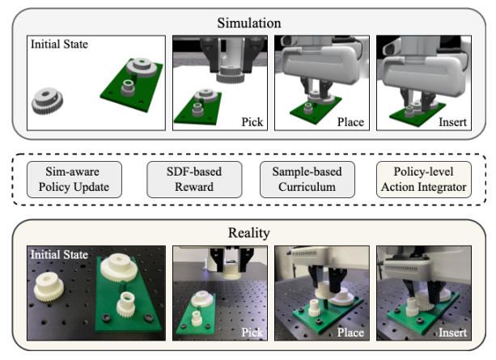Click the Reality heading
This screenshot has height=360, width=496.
tap(248, 233)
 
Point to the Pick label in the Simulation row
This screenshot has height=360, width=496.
tap(252, 122)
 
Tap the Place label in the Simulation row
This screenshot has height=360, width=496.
tap(350, 122)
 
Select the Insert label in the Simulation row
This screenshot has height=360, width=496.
tap(451, 122)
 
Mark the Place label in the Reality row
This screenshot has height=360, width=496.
tap(350, 332)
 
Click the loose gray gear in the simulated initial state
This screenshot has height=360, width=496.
tap(47, 101)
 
